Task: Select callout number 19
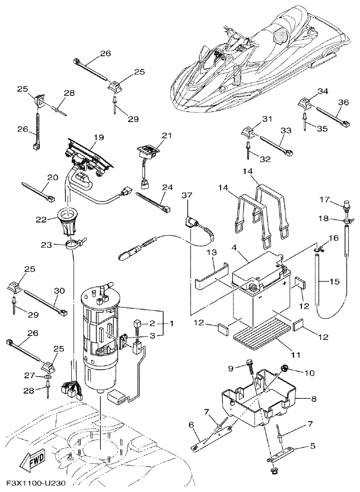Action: pos(99,138)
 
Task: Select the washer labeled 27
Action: pos(48,377)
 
